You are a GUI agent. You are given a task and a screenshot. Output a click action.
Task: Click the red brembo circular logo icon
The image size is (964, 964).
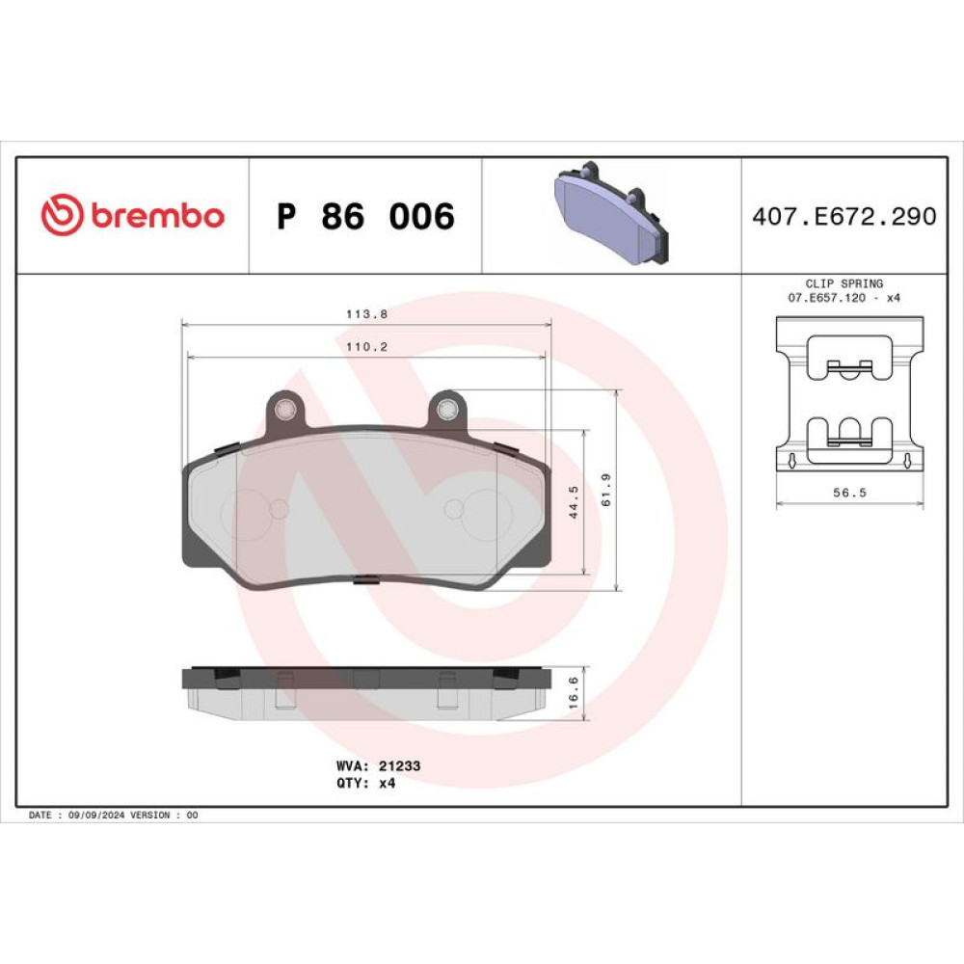62,215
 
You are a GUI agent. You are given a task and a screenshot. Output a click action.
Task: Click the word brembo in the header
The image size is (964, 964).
158,215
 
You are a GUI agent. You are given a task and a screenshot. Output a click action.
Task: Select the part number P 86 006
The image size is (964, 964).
365,216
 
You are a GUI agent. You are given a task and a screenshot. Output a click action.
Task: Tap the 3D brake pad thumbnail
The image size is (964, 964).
610,213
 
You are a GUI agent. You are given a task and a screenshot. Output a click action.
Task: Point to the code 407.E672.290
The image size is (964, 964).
844,216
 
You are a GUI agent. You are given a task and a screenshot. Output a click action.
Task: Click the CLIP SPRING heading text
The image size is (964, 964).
844,283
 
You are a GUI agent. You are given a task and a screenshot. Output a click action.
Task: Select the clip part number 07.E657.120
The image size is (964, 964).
826,298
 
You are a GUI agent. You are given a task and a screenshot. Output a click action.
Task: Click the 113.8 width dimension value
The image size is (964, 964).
366,313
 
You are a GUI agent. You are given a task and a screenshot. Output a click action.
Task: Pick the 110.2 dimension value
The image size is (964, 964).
366,347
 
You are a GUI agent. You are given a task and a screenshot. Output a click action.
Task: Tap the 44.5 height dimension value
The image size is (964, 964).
574,501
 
